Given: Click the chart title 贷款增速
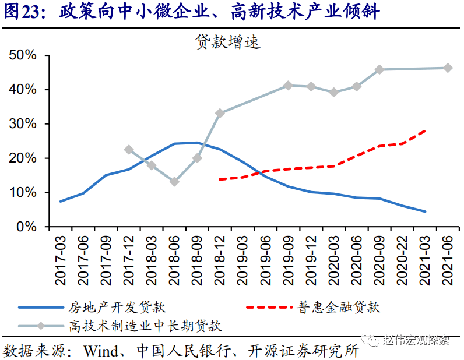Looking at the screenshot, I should click(x=227, y=42).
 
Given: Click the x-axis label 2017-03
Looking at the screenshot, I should click(x=61, y=260).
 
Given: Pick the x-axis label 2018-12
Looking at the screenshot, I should click(x=220, y=260).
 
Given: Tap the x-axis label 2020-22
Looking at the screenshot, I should click(x=402, y=260).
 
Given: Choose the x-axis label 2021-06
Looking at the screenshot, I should click(x=448, y=260).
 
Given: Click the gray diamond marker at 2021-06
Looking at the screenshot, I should click(x=448, y=68).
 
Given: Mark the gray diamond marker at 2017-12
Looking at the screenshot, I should click(x=129, y=150).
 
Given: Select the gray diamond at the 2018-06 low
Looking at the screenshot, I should click(x=174, y=182).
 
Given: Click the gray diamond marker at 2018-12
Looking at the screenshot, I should click(x=220, y=113).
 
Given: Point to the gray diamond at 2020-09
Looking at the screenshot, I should click(x=379, y=69).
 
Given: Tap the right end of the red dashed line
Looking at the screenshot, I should click(x=425, y=131).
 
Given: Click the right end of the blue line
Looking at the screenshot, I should click(x=425, y=211).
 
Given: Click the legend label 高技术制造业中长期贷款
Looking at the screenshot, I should click(x=146, y=325).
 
